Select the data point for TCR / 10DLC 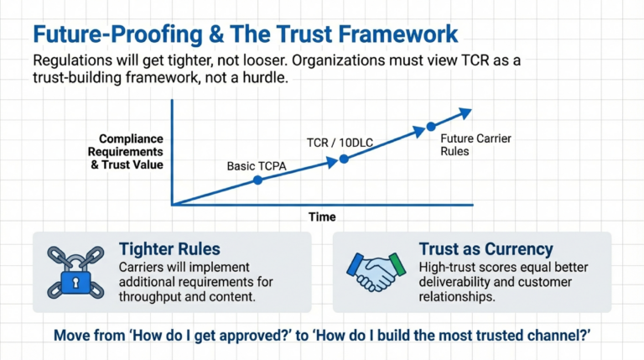(343, 158)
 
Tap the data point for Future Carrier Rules (431, 127)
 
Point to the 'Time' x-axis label (321, 217)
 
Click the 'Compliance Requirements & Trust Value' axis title (130, 151)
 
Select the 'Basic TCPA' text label (257, 165)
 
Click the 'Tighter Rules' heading (169, 249)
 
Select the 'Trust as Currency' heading (486, 249)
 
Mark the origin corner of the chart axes (172, 204)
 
